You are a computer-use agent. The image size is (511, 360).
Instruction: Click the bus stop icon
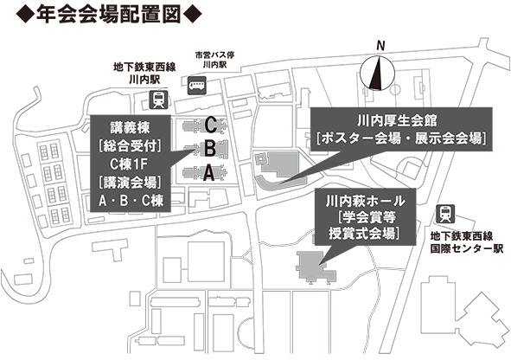tap(197, 86)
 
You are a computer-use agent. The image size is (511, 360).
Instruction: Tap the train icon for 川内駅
tap(159, 100)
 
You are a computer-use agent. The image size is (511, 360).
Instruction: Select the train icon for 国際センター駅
tap(445, 214)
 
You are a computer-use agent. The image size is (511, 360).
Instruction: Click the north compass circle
tap(377, 73)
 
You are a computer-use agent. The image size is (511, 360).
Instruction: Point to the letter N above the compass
tap(380, 46)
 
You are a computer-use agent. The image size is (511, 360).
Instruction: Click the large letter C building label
tap(210, 125)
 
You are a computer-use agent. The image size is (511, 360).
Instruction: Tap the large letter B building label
tap(210, 149)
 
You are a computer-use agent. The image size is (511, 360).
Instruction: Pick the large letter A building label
tap(209, 173)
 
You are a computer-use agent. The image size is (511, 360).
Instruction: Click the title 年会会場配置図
tap(109, 15)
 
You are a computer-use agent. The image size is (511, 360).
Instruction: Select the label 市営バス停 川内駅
tap(214, 60)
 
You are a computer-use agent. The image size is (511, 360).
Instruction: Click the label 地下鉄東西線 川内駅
tap(144, 74)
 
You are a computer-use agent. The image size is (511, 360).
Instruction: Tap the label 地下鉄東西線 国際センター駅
tap(466, 242)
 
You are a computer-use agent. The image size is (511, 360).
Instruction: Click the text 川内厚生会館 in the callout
tap(397, 121)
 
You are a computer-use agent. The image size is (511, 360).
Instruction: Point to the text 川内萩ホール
tap(365, 201)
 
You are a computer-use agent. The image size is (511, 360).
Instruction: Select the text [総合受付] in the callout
tap(130, 146)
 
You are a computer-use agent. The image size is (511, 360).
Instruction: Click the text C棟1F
tap(129, 164)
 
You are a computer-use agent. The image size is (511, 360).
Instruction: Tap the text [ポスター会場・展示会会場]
tap(402, 138)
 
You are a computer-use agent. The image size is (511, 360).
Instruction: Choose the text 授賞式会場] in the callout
tap(364, 234)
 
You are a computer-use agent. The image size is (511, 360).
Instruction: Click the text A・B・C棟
tap(131, 201)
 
